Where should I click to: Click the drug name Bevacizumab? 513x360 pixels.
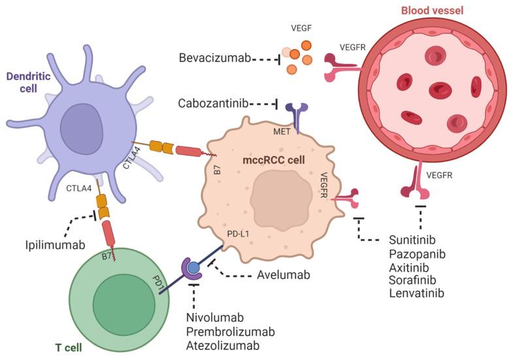(214, 59)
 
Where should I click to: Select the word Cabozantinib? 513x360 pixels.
(214, 104)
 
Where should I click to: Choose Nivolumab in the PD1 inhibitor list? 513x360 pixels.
(214, 318)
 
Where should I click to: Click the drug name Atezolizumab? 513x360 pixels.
(221, 345)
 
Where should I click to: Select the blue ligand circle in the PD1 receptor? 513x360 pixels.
(194, 267)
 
